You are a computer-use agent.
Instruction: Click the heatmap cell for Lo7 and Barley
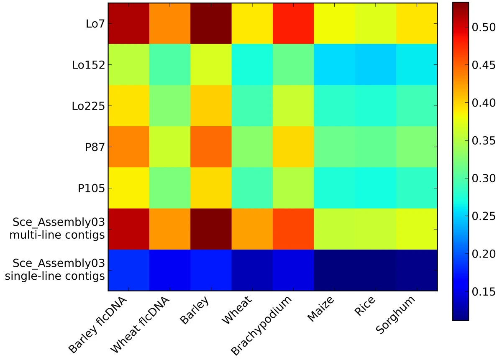point(211,23)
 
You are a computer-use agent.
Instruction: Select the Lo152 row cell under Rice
point(375,64)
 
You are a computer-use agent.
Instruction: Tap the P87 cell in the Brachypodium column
point(293,147)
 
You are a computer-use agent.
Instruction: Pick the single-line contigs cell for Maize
point(334,270)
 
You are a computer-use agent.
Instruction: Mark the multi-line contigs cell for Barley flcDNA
point(129,229)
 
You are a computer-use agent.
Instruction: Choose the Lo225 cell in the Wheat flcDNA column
point(170,106)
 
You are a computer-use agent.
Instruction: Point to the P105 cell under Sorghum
point(417,188)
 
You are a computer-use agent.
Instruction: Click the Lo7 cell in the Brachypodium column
point(293,23)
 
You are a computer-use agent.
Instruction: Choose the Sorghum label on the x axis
point(395,315)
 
